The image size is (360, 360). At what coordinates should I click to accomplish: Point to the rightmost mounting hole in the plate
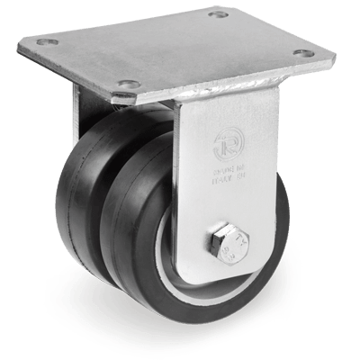pos(305,53)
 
